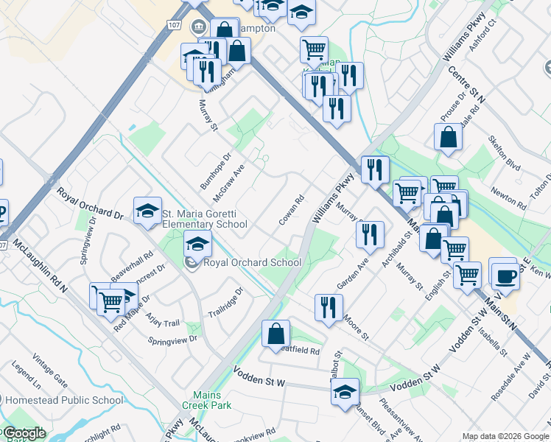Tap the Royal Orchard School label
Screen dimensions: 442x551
[x=252, y=262]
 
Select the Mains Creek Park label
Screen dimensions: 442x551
[x=212, y=400]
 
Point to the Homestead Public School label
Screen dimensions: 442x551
[x=64, y=401]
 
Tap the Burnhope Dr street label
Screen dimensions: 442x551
[x=216, y=170]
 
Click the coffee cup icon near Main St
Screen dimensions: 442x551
[x=505, y=276]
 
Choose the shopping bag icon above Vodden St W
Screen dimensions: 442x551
[x=275, y=333]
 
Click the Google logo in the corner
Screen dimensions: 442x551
[x=24, y=433]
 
